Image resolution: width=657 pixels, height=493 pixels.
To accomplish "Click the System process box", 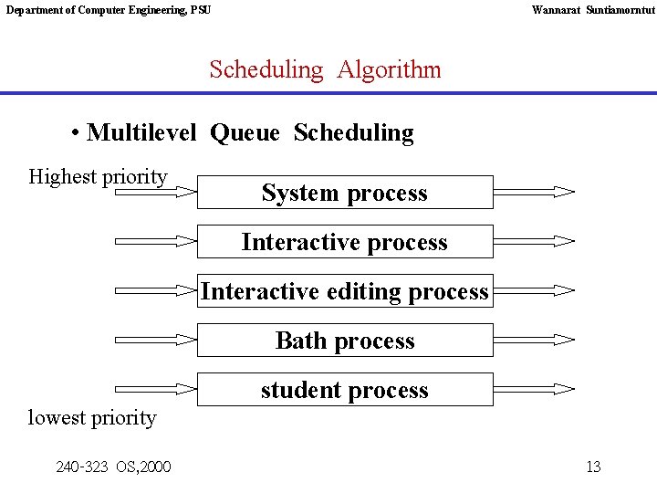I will coord(345,193).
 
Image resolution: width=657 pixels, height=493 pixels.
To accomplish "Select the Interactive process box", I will coord(345,242).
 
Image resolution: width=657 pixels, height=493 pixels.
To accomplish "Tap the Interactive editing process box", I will coord(345,291).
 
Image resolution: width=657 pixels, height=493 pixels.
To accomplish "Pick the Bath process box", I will coord(345,341).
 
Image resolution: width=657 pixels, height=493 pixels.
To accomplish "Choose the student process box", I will coord(345,390).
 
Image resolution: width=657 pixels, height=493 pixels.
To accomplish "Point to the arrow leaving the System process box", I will coord(535,193).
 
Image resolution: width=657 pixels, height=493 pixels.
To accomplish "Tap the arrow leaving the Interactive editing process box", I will coord(535,291).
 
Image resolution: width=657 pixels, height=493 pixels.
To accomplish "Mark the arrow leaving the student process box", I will coord(535,390).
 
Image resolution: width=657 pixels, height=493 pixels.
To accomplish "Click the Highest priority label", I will coord(99,176).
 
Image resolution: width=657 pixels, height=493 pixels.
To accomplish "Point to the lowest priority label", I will coord(92,418).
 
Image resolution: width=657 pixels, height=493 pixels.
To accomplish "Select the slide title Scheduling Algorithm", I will coord(325,69).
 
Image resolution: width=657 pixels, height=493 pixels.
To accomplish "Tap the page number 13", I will coord(593,467).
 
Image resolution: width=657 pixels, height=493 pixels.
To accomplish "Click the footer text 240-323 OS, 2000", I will coord(113,467).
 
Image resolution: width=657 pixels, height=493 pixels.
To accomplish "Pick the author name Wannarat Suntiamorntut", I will coord(593,10).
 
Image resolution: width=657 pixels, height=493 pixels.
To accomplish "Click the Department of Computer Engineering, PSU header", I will coord(109,10).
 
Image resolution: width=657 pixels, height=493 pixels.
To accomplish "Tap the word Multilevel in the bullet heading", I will coord(141,133).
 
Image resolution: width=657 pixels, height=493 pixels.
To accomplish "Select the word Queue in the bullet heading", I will coord(245,133).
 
